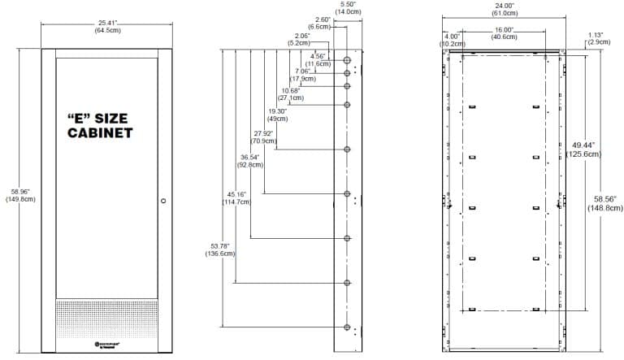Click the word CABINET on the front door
100,132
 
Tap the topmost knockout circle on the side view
347,61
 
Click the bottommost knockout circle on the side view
347,327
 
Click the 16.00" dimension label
504,33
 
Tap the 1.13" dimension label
598,37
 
